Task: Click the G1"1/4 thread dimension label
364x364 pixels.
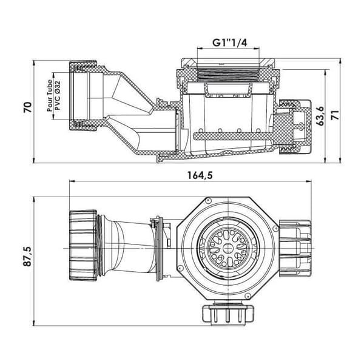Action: coord(229,42)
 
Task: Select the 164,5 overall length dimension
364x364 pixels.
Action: coord(200,175)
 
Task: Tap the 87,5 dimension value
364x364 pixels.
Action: coord(27,256)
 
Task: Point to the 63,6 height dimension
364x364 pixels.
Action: coord(320,116)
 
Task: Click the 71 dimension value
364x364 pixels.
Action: coord(335,115)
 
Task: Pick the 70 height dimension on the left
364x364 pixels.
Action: coord(27,107)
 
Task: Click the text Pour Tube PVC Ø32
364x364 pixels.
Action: coord(53,95)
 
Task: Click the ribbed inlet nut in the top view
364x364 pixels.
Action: coord(83,245)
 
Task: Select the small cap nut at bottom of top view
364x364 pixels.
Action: coord(228,314)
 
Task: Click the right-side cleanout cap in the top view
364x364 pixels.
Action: coord(295,249)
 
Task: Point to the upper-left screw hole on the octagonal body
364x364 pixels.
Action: coord(209,200)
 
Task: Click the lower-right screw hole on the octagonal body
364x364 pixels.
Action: coord(248,296)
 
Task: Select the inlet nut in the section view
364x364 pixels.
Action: coord(83,95)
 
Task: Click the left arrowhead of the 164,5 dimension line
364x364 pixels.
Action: coord(72,181)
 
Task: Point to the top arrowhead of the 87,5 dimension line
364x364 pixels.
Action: coord(34,199)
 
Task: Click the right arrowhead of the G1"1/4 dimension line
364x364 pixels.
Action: coord(257,49)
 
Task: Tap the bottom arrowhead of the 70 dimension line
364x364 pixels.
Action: coord(34,160)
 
